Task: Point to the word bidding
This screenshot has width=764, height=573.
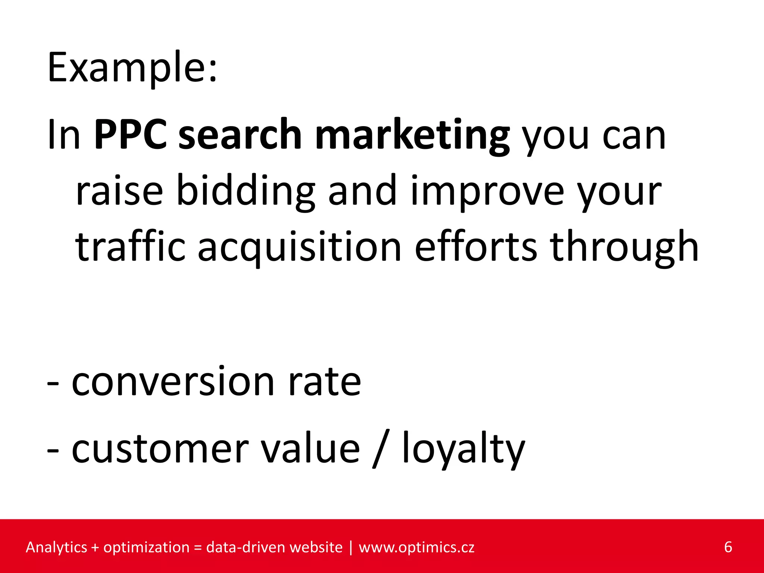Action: (x=245, y=191)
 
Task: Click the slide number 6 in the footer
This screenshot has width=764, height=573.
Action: (x=728, y=547)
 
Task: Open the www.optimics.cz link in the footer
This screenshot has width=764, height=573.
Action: (x=416, y=548)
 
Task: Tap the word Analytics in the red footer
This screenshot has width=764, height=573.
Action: (x=56, y=548)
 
